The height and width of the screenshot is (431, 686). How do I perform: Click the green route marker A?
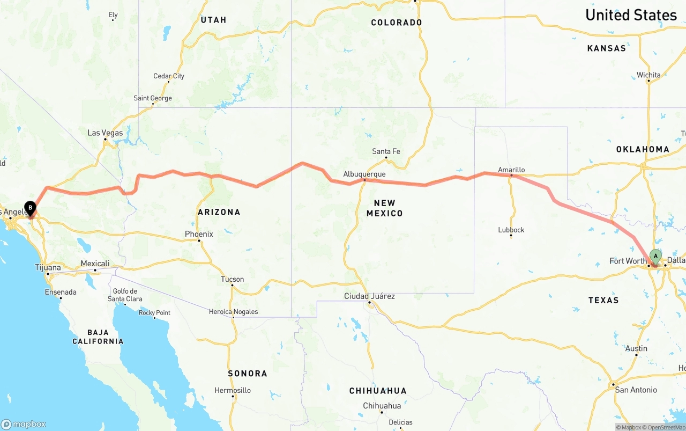(655, 257)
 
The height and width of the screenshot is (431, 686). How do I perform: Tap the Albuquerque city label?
(364, 174)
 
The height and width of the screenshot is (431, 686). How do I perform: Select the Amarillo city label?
(511, 170)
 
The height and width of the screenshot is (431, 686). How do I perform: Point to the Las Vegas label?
(105, 133)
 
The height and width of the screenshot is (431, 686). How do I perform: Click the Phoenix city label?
(199, 234)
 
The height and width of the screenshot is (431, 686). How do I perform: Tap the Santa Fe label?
(386, 151)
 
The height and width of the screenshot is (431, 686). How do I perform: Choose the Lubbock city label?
(511, 230)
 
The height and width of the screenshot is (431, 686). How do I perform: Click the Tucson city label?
(232, 279)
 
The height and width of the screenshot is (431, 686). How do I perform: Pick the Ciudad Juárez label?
(369, 296)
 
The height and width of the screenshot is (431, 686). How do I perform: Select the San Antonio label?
(636, 390)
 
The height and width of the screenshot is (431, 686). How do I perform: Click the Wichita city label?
(648, 75)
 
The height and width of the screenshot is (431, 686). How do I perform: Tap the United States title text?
(631, 15)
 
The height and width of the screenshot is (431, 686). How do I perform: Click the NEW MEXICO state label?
(384, 208)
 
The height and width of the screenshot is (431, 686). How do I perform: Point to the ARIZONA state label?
(219, 212)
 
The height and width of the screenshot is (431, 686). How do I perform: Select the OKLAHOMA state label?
(643, 149)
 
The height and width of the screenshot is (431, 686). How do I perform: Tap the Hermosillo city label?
(233, 390)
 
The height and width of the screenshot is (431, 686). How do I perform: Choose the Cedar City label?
(169, 76)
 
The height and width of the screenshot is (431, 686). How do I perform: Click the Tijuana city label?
(48, 267)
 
